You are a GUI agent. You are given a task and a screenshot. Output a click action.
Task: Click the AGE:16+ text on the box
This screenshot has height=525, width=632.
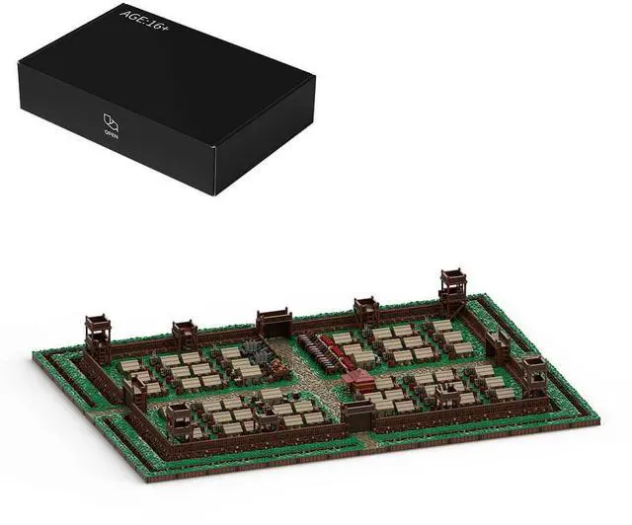144,22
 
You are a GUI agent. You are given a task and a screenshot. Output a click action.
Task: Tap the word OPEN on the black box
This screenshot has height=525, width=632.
111,134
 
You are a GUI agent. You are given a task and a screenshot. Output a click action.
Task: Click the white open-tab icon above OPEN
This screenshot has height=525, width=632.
111,121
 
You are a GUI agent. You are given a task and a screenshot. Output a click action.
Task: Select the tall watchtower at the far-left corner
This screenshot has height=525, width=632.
98,337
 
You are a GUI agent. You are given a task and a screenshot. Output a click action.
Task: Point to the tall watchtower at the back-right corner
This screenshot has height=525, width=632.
453,290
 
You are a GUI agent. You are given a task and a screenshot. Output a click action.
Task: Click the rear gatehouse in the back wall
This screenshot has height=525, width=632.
275,323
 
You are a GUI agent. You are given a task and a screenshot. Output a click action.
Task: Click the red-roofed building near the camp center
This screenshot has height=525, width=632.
358,381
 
